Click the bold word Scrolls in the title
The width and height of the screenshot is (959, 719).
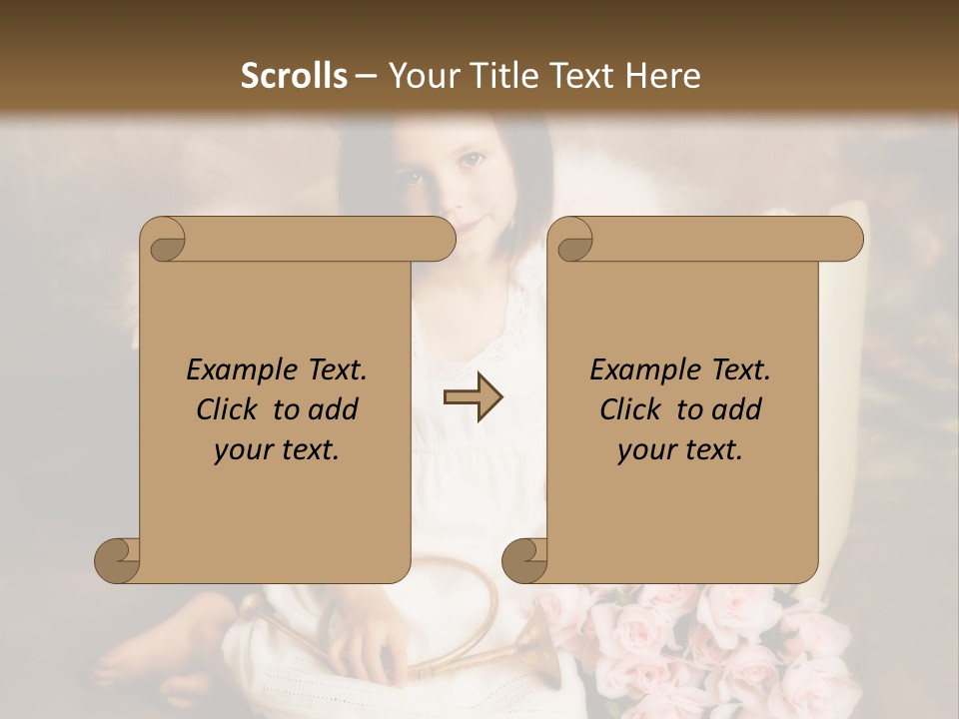pos(295,76)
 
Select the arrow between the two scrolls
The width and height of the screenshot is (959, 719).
pos(473,397)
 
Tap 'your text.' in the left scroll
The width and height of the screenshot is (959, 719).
pos(277,450)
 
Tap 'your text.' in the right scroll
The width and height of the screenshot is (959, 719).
pos(680,450)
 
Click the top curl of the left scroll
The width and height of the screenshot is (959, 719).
pos(163,240)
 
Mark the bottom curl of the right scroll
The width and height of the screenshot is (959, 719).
pos(523,560)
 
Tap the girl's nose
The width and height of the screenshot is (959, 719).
pos(447,195)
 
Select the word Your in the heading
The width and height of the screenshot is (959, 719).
pos(421,76)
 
